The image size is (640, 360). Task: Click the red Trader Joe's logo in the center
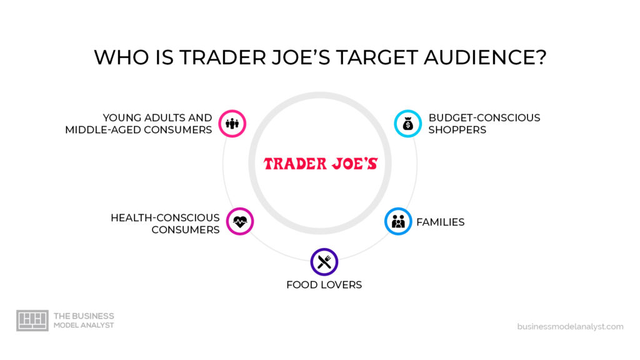[x=320, y=164]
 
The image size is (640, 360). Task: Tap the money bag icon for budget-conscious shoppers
[x=407, y=124]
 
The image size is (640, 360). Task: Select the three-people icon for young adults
[x=232, y=124]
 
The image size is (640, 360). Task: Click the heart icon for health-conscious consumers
[x=240, y=221]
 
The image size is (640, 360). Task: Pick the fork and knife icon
[x=324, y=262]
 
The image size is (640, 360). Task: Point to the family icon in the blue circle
[x=398, y=221]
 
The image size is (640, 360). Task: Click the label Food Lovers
[x=324, y=285]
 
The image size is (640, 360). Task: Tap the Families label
[x=441, y=222]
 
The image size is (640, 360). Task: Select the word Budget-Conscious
[x=484, y=117]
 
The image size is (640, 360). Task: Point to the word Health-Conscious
[x=165, y=217]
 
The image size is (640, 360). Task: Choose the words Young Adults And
[x=157, y=117]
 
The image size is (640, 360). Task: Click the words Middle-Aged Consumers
[x=139, y=130]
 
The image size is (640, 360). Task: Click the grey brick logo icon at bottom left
[x=32, y=321]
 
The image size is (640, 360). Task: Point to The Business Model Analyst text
[x=84, y=321]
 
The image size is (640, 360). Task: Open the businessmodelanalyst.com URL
[x=570, y=326]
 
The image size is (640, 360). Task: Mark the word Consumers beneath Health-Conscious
[x=186, y=229]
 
